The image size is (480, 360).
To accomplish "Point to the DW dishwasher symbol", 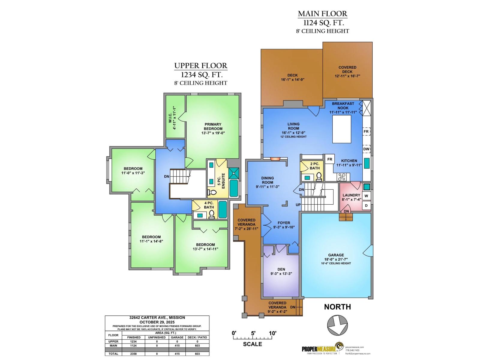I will (366, 149).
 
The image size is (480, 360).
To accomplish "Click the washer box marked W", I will (366, 196).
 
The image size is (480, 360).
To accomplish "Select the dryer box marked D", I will (366, 205).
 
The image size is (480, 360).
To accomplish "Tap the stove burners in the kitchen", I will (342, 177).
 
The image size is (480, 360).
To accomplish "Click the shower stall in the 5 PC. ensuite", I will (234, 173).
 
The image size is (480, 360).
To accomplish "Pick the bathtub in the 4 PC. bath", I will (223, 209).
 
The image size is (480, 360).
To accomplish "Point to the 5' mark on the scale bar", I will (253, 333).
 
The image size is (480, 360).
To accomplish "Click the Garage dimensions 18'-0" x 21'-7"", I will (336, 259).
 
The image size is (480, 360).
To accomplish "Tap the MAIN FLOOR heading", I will (322, 13).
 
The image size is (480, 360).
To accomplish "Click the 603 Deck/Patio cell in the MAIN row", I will (197, 346).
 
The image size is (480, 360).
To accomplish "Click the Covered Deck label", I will (347, 70).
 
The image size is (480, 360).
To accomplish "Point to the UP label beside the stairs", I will (298, 205).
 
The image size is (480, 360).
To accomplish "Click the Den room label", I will (281, 269).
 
